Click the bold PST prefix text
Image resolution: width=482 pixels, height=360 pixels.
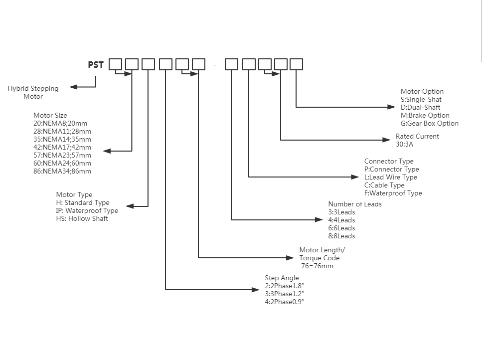(96, 65)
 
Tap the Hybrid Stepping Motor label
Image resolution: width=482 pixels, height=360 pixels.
(33, 92)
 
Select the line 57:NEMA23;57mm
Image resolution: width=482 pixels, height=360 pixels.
(62, 155)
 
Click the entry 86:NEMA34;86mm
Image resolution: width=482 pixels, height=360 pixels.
(62, 171)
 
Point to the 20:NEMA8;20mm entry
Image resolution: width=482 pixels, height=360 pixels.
(60, 123)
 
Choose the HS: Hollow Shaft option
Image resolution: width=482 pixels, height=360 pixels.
(82, 218)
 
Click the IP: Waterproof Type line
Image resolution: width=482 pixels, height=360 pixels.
(87, 210)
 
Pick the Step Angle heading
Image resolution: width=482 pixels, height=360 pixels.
(282, 278)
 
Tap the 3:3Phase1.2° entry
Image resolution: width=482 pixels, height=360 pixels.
(284, 294)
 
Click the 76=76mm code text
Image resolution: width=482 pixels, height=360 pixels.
(317, 266)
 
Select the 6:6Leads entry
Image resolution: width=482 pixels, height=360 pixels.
(341, 228)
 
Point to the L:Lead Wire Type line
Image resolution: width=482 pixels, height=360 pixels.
(391, 177)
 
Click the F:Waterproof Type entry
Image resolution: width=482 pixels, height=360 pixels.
(393, 193)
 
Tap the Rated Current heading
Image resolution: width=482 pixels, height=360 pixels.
(417, 136)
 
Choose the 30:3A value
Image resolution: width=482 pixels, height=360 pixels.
(405, 144)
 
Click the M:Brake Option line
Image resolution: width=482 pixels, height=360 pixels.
(425, 115)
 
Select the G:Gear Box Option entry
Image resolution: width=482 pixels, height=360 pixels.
(430, 123)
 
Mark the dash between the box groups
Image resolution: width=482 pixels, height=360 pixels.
(215, 65)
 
